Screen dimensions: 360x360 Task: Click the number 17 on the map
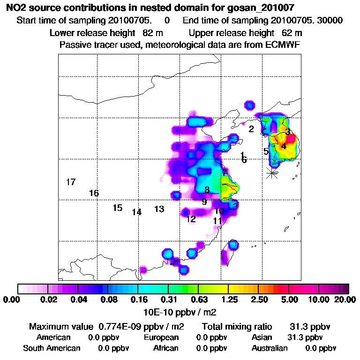coord(71,182)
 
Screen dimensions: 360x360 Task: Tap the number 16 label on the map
coord(94,193)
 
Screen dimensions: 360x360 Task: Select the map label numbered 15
coord(117,208)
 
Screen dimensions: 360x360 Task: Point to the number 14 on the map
coord(136,212)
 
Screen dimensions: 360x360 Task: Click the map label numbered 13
coord(159,209)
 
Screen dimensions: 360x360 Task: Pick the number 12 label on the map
coord(191,219)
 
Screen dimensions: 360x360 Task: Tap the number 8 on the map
coord(207,190)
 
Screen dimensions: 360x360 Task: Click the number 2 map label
coord(251,129)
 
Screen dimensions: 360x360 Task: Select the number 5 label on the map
coord(266,151)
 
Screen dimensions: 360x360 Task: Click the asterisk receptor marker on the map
coord(272,172)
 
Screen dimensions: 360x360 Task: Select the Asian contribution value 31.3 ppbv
coord(305,337)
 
